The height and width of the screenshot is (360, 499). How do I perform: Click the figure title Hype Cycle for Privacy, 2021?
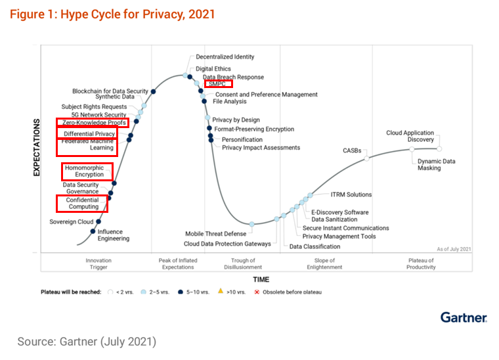click(112, 13)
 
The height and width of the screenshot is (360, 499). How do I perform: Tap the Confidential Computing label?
click(83, 203)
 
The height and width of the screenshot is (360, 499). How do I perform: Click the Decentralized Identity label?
click(225, 57)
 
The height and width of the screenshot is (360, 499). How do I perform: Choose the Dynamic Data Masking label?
click(436, 164)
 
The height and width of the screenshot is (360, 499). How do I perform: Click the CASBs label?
click(352, 150)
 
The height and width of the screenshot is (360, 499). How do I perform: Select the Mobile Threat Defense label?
click(215, 233)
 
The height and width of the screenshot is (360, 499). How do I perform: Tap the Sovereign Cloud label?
click(72, 222)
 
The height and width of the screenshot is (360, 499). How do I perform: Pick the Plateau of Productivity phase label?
click(420, 264)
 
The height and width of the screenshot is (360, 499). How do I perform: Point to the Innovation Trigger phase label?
click(98, 264)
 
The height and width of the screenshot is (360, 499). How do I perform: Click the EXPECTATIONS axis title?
click(37, 147)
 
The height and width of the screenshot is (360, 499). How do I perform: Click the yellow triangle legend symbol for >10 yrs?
click(222, 292)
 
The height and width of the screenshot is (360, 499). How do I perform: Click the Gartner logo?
click(463, 318)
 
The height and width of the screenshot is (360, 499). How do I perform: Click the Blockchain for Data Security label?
click(110, 91)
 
